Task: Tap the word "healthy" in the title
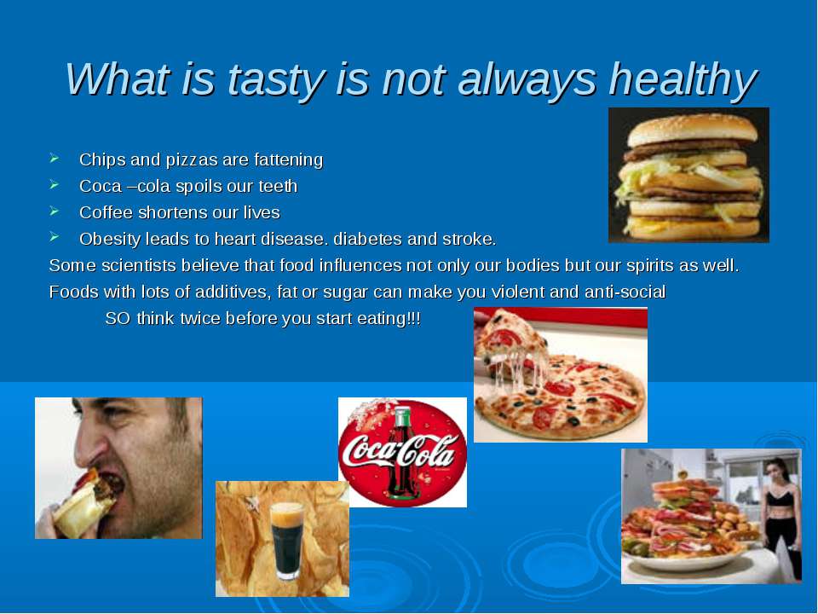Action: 683,80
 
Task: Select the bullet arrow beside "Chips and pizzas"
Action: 55,158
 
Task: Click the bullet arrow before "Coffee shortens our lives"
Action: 55,211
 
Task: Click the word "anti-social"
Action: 625,292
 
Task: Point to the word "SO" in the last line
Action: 118,318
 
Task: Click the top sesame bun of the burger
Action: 692,130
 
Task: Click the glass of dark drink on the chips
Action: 287,541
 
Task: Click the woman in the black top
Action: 781,517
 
